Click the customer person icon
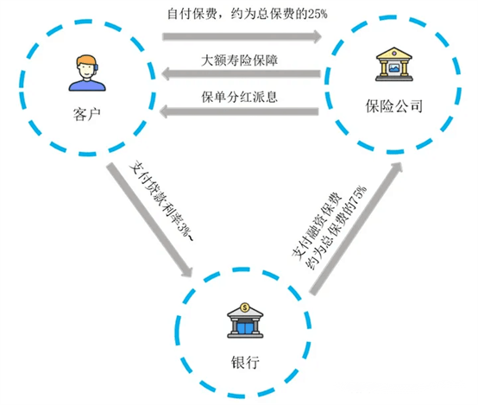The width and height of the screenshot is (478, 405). coord(87,73)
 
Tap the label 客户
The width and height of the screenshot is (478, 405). coord(86,115)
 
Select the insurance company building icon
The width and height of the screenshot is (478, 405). coord(393,64)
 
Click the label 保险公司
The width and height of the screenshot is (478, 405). coord(393,106)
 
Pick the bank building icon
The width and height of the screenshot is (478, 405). coord(245,320)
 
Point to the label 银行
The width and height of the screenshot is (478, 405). coord(245,363)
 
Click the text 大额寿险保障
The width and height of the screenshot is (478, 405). coord(239,60)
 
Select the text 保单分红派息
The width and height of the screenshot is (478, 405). coord(239,97)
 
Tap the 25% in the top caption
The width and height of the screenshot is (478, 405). coord(318,14)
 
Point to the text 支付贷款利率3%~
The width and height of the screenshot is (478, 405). coord(161,201)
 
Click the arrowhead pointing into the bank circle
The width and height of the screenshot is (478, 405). coord(187,270)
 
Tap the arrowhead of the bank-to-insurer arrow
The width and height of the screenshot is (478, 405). coord(397,168)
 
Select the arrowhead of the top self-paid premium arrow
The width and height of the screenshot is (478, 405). coord(318,36)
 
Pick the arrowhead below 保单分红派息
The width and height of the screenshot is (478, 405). coord(164,111)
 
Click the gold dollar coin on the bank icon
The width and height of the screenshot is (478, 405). coord(245,307)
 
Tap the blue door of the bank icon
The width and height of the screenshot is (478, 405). coord(245,327)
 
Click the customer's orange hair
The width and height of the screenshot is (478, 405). coord(86,60)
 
